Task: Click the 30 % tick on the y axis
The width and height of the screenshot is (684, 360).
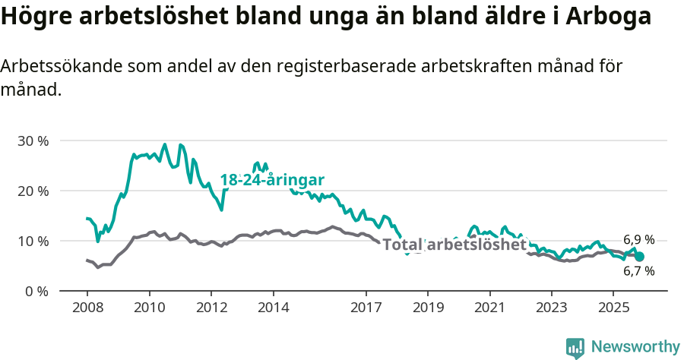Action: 33,141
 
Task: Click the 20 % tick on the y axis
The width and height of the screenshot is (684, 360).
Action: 33,191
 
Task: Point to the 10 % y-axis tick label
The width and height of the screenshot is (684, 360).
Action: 33,241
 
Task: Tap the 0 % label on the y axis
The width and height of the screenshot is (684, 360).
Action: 36,291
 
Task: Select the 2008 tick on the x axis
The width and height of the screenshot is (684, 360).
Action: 87,308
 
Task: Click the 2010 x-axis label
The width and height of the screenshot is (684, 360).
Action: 149,308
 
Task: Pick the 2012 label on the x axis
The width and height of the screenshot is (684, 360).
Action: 211,308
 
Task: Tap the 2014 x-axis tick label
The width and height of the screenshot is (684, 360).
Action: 274,308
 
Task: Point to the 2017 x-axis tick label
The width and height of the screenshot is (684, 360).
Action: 366,308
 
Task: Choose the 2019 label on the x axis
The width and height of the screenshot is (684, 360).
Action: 428,308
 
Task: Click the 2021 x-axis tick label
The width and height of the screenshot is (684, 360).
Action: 489,308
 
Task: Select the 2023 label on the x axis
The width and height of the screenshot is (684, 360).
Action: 552,308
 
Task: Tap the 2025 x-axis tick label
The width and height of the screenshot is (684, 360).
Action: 613,308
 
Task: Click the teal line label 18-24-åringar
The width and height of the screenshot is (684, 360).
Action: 272,180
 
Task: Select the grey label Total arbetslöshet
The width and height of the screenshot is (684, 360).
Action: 454,245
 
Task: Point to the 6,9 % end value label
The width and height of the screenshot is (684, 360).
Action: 638,239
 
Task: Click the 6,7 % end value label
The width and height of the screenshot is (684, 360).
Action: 638,271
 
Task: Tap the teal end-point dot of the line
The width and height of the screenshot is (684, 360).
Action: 639,257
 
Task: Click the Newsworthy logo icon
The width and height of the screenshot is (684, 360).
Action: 575,347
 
